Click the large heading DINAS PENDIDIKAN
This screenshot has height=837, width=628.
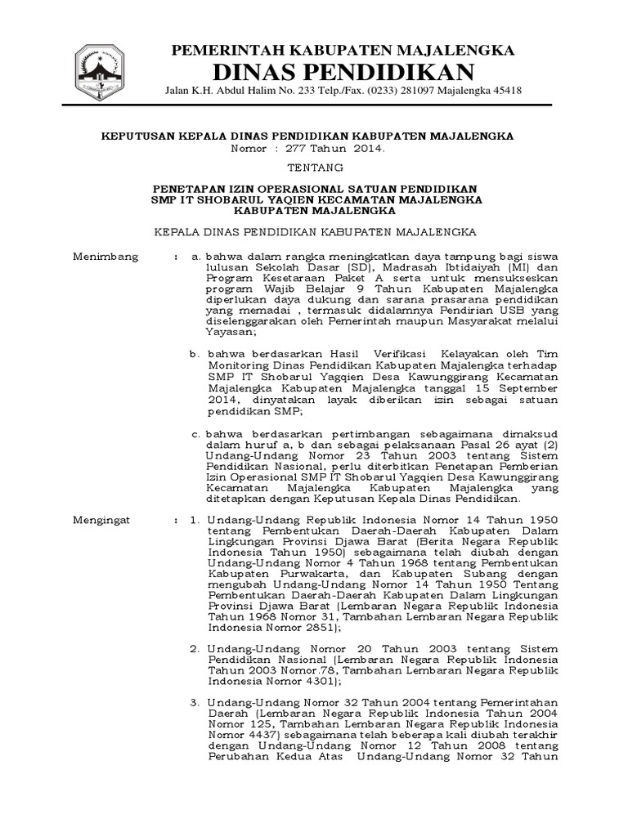tap(343, 70)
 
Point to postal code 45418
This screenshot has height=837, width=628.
tap(506, 91)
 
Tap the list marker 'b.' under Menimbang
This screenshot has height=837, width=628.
tap(195, 353)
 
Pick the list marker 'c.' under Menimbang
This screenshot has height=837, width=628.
tap(195, 434)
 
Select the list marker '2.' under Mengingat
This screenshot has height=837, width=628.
tap(195, 647)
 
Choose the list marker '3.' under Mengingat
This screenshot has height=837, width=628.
tap(195, 701)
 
